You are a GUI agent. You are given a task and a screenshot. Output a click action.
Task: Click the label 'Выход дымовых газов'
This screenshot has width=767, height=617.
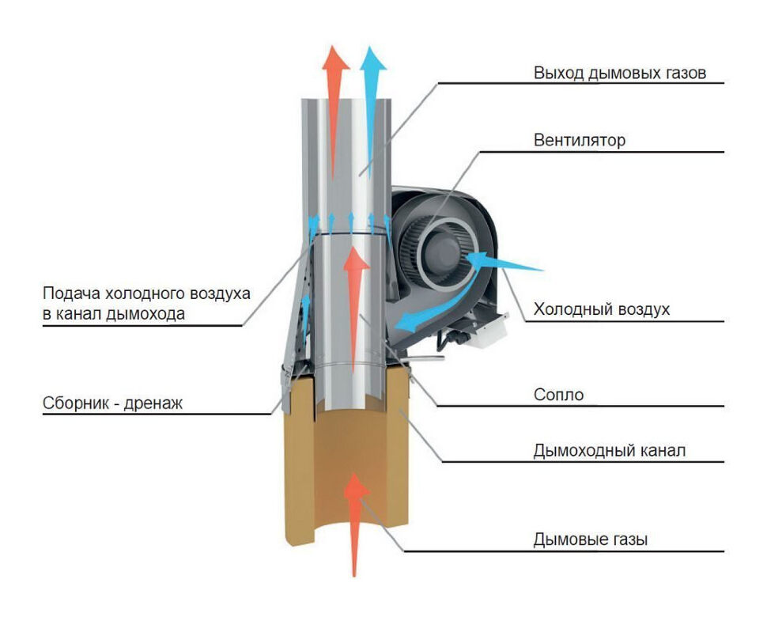(x=618, y=74)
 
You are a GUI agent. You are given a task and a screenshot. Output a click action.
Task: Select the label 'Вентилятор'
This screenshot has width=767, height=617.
(x=579, y=141)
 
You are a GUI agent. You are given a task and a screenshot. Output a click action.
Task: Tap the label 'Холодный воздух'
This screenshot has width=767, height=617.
(x=601, y=309)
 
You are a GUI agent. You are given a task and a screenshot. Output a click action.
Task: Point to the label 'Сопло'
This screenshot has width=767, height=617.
(x=558, y=395)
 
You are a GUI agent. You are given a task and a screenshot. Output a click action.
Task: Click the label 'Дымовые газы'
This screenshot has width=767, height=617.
(x=591, y=541)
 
